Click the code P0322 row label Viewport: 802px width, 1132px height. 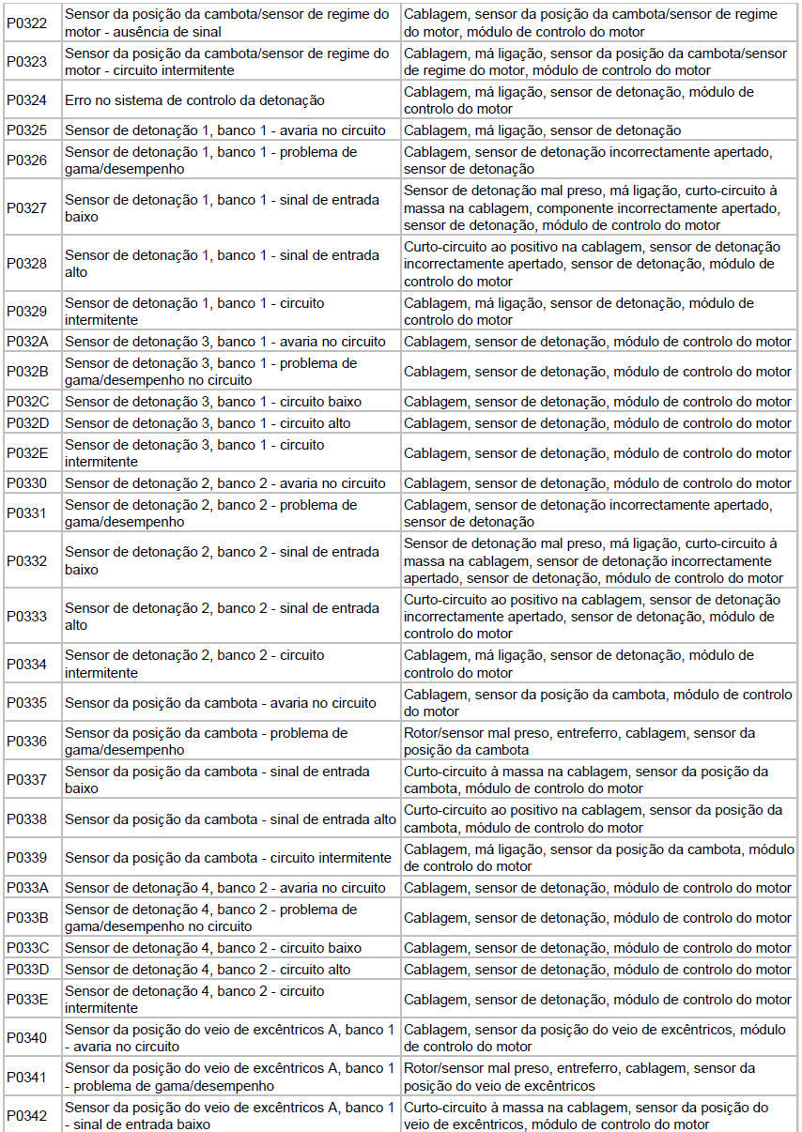[x=27, y=23]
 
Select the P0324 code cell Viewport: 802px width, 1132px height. [x=27, y=100]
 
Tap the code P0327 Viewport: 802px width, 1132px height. [x=27, y=208]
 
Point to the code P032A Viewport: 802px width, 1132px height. [x=27, y=342]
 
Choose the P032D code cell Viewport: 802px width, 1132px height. [x=27, y=423]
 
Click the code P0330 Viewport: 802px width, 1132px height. [x=27, y=483]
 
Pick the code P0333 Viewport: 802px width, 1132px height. [x=27, y=617]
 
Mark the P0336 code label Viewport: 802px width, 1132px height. [x=27, y=742]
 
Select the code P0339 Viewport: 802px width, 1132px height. [x=27, y=858]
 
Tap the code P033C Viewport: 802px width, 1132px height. [x=27, y=948]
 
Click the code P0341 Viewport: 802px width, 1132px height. [x=27, y=1077]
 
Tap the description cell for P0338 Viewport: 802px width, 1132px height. [x=230, y=819]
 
